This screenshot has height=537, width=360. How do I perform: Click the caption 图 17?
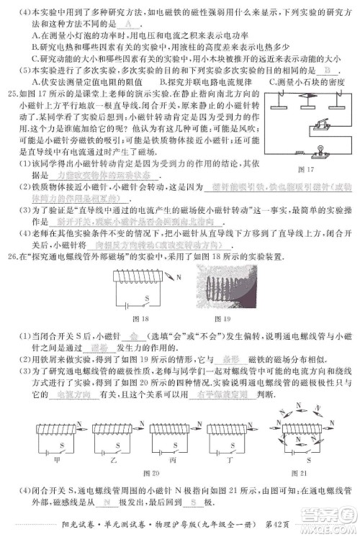306,169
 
